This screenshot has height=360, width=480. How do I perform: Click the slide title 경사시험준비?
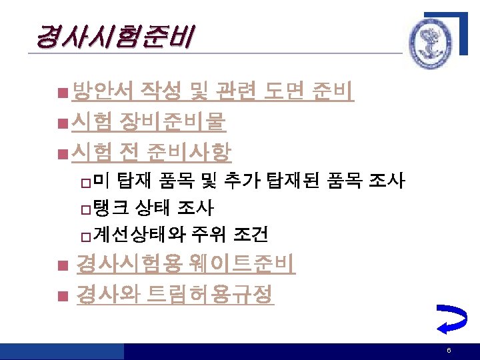point(113,37)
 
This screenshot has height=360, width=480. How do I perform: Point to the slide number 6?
point(449,351)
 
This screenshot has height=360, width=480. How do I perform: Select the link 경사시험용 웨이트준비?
point(185,265)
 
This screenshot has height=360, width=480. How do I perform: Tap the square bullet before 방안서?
point(62,92)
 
